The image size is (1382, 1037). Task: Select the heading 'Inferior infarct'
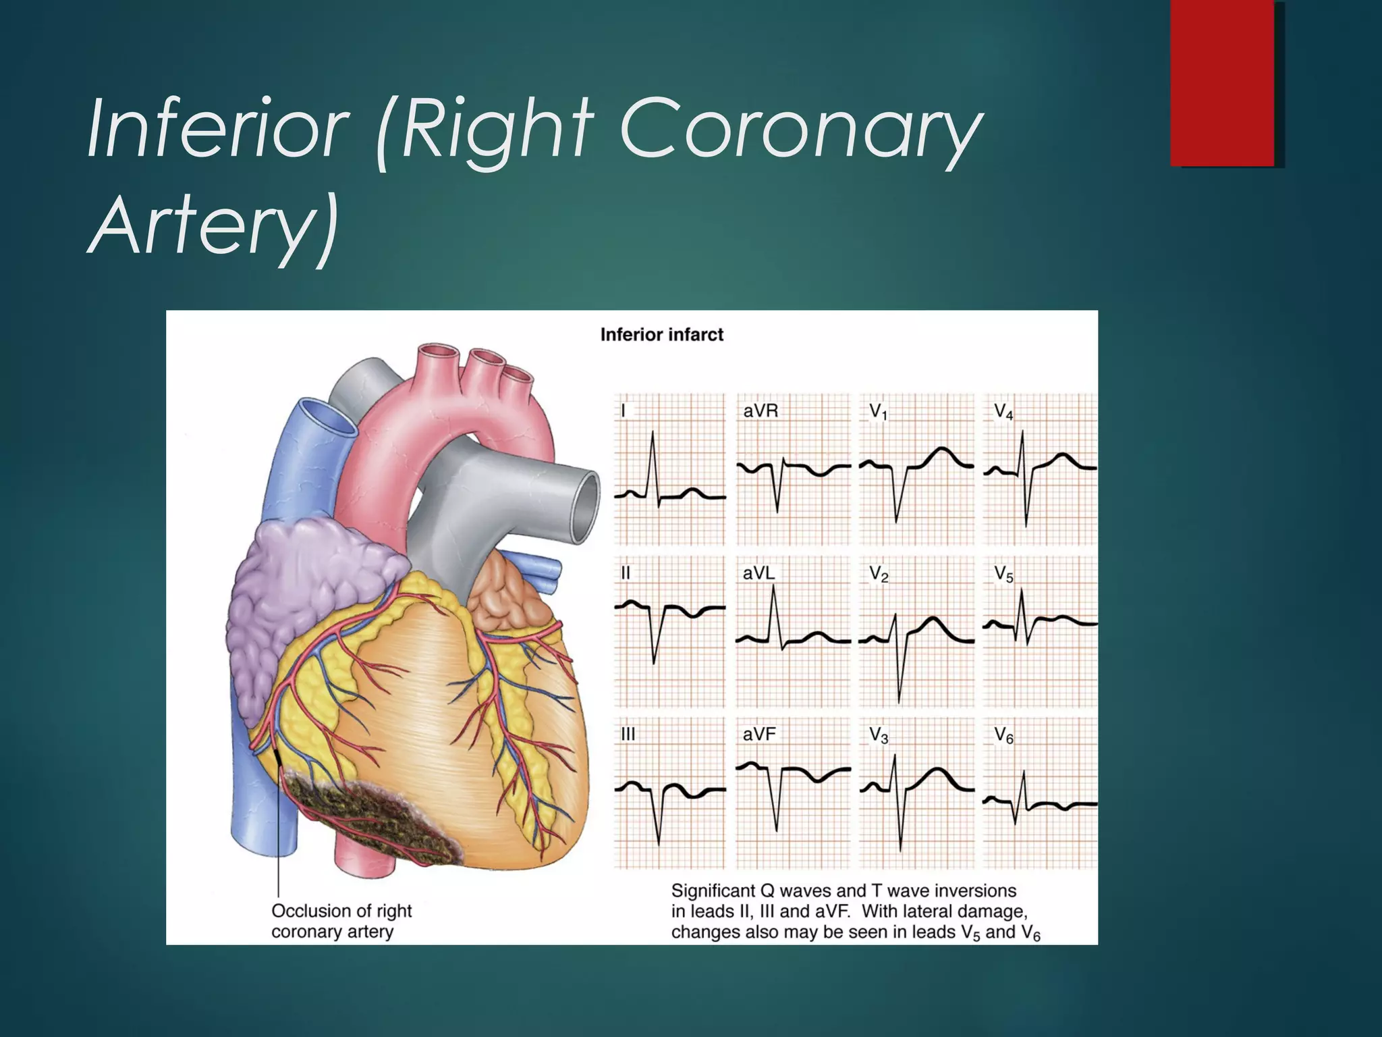[661, 335]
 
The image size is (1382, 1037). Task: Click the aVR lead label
[761, 410]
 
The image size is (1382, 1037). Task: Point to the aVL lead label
[759, 573]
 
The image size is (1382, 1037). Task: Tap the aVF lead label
[759, 734]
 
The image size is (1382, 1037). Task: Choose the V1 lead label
[878, 411]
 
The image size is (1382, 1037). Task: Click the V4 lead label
[1003, 411]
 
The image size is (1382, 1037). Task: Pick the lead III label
[628, 734]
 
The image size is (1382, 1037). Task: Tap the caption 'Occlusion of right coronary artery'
[341, 921]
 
